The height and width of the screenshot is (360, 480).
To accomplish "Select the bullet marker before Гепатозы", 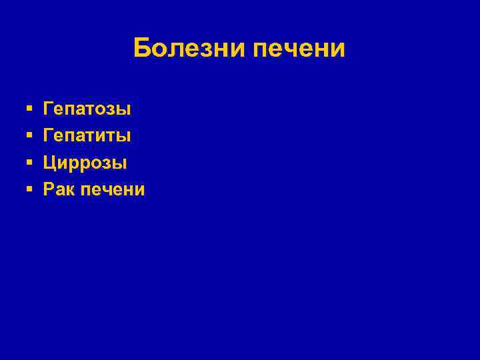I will point(29,108).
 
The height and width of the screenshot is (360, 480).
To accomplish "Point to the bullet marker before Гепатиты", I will point(29,135).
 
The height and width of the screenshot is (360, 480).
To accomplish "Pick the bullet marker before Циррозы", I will point(29,163).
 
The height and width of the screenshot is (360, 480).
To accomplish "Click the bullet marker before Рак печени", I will point(29,190).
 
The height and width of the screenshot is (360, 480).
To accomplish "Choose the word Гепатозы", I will point(87,108).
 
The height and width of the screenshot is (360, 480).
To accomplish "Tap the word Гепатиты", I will point(87,135).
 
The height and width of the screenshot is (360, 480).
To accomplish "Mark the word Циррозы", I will point(85,163).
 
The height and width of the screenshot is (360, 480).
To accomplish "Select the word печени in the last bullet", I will point(112,190).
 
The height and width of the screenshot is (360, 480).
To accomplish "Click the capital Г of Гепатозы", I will point(49,108).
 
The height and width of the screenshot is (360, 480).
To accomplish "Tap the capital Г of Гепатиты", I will point(49,135).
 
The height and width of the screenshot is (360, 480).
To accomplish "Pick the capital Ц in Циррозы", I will point(50,163).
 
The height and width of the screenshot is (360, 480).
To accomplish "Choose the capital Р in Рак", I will point(49,190).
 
